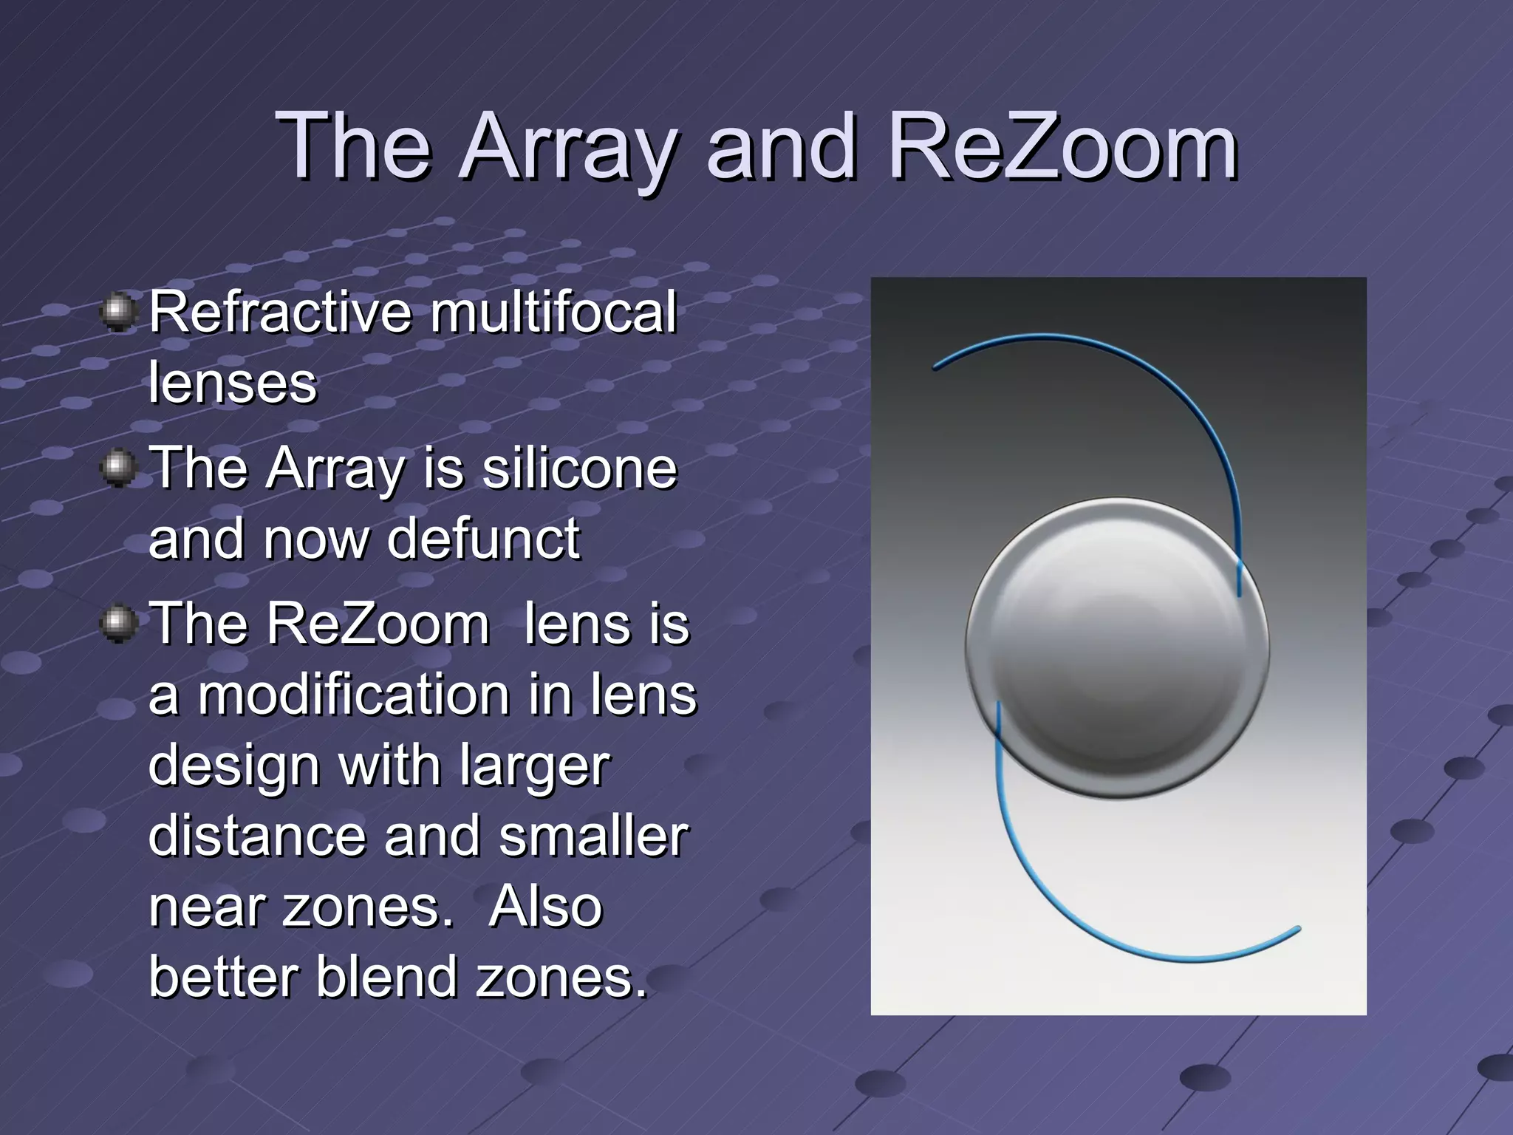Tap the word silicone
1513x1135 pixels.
tap(579, 468)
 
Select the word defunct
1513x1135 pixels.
tap(483, 538)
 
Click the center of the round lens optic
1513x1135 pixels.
tap(1117, 647)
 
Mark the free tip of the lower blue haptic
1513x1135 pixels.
tap(1298, 929)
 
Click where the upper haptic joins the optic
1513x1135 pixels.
tap(1239, 584)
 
